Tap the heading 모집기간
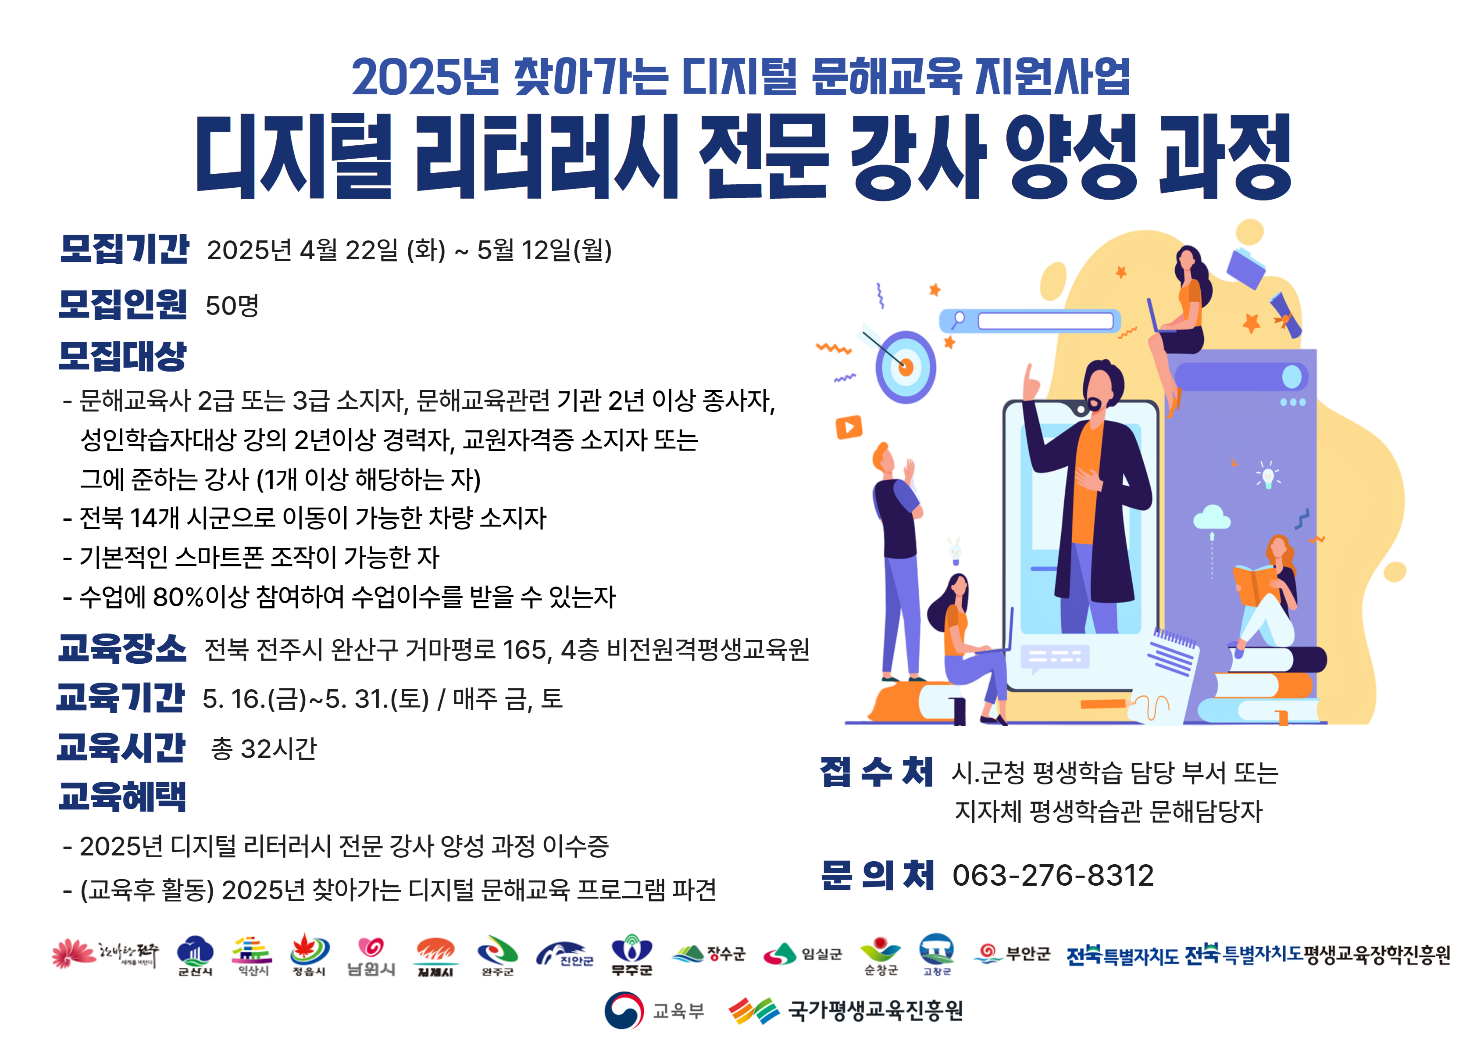(x=124, y=249)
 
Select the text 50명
(x=232, y=305)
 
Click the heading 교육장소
(x=122, y=648)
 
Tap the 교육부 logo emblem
(x=624, y=1010)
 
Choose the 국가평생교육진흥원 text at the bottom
(x=875, y=1010)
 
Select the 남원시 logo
(x=371, y=956)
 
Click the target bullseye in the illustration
(x=906, y=367)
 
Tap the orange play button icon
(x=849, y=427)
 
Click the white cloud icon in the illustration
(x=1211, y=517)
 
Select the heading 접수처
(x=877, y=772)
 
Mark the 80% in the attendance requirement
(x=178, y=597)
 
